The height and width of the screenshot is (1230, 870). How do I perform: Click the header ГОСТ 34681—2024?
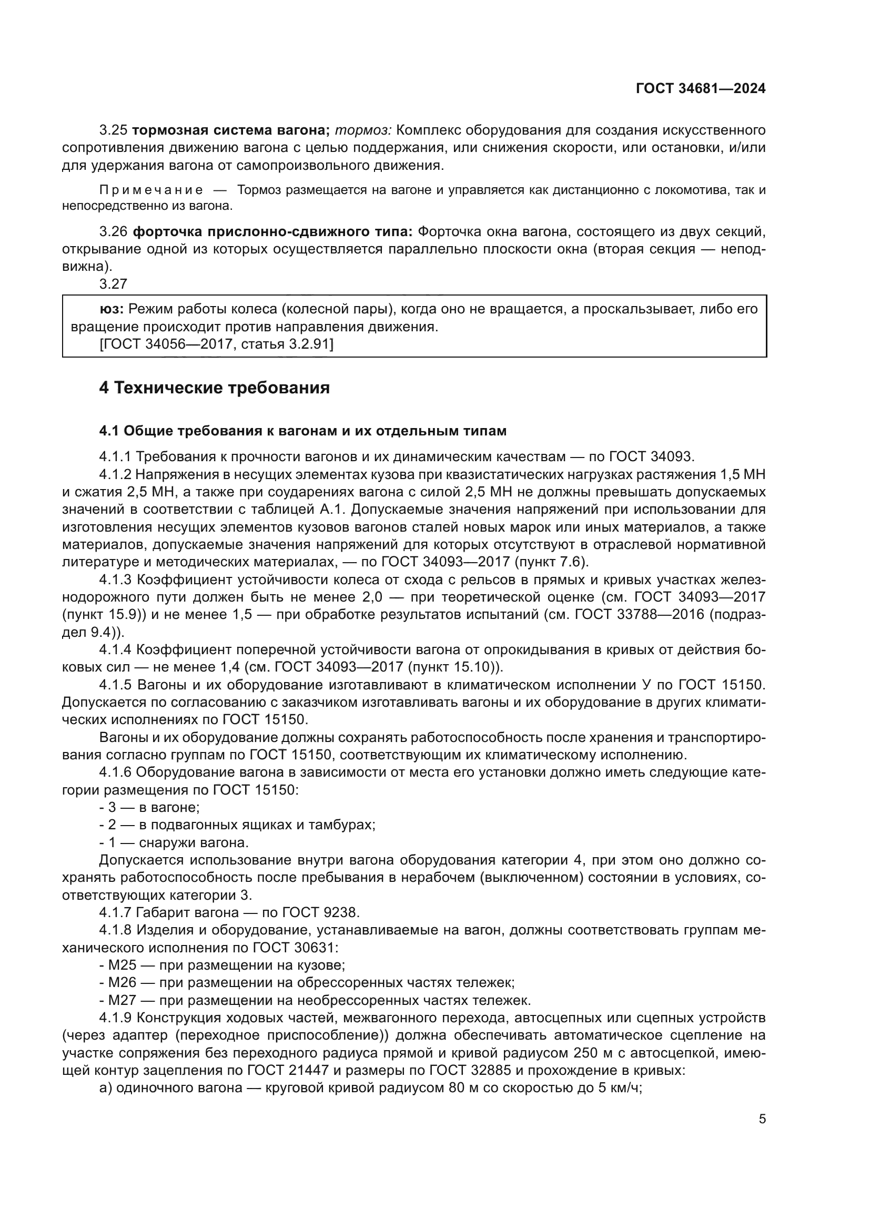[x=700, y=88]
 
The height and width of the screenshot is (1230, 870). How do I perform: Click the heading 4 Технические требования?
[x=214, y=388]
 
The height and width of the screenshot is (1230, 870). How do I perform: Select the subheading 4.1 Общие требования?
[x=302, y=431]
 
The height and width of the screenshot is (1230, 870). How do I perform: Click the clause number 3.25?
[x=113, y=130]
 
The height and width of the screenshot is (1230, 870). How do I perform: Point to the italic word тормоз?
[x=364, y=130]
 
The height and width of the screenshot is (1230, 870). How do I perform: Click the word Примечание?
[x=151, y=190]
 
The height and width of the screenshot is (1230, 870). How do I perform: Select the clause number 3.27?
[x=113, y=284]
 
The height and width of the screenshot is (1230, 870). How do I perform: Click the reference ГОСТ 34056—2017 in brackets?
[x=167, y=344]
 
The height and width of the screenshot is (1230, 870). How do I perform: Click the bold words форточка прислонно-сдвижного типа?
[x=272, y=231]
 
